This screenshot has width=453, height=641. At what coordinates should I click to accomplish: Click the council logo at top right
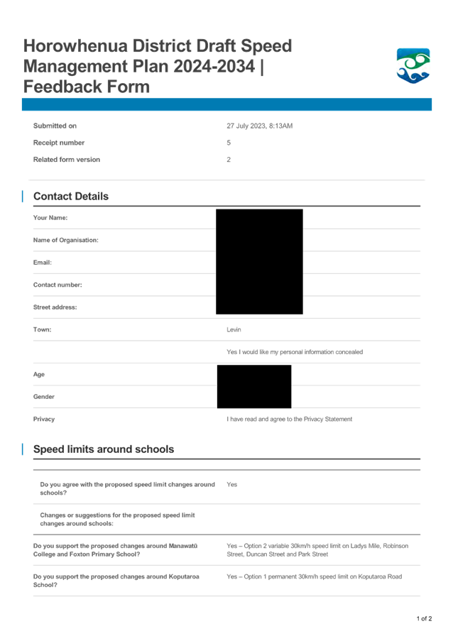(413, 66)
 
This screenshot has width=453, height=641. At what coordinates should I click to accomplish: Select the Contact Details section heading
(71, 197)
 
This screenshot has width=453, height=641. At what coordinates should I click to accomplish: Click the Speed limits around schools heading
(104, 449)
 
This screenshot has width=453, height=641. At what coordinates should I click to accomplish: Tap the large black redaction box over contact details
(259, 261)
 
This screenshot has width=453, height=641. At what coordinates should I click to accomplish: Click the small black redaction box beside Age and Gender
(253, 386)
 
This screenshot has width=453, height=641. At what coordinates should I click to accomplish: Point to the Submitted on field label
(55, 126)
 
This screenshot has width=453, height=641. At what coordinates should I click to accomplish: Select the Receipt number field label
(59, 143)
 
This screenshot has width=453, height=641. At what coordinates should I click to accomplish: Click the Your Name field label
(50, 218)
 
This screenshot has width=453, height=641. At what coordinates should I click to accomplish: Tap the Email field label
(43, 263)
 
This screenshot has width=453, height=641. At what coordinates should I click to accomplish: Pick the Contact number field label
(58, 285)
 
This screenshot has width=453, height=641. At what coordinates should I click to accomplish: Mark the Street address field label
(55, 307)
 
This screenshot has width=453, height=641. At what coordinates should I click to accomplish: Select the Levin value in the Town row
(234, 330)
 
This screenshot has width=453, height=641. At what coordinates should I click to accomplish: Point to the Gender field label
(44, 397)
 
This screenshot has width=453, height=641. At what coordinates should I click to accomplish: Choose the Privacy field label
(45, 419)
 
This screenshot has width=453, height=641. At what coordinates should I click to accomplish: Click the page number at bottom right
(424, 619)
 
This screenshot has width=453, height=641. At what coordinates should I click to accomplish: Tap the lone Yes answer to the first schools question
(232, 484)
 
